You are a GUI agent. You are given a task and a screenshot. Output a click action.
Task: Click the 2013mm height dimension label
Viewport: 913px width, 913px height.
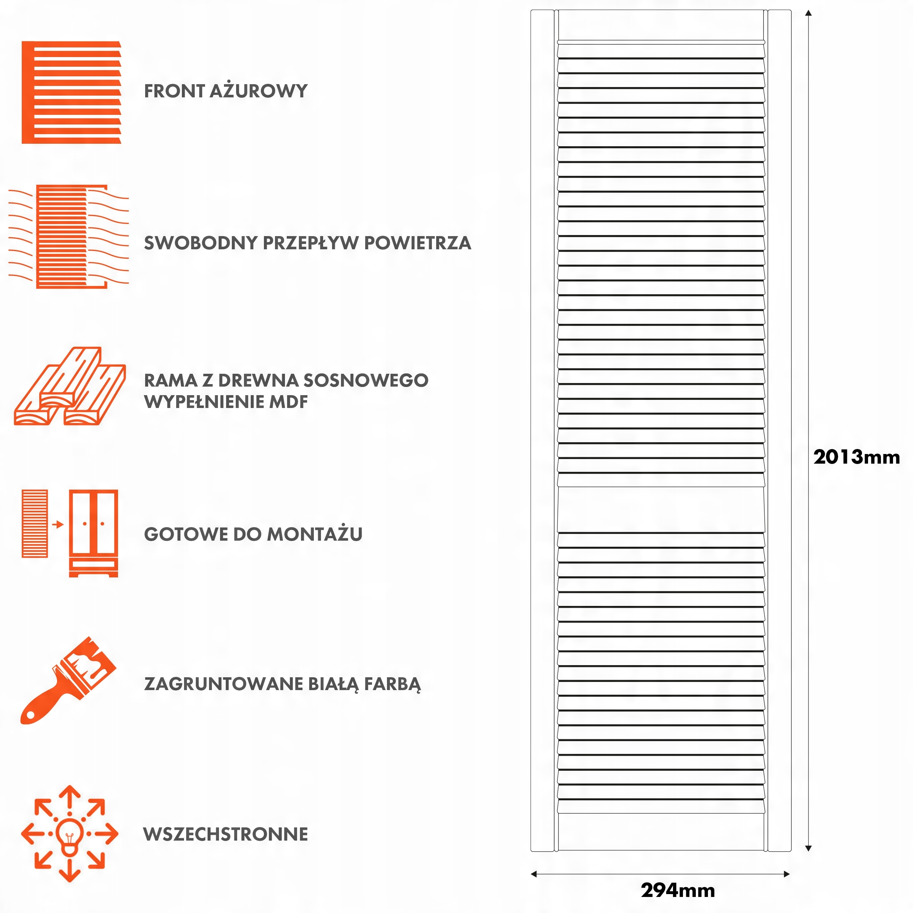pyautogui.click(x=856, y=457)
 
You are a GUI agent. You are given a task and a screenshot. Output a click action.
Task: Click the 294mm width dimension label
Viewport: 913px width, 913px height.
pyautogui.click(x=678, y=890)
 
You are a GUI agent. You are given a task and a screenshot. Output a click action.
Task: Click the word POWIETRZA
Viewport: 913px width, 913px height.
pyautogui.click(x=417, y=243)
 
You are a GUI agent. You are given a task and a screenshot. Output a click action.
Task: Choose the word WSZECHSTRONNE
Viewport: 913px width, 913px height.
pyautogui.click(x=225, y=834)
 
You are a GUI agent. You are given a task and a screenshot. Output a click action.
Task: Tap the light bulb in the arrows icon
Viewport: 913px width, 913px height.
pyautogui.click(x=70, y=835)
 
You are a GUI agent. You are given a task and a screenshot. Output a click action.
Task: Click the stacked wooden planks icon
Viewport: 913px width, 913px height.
pyautogui.click(x=70, y=387)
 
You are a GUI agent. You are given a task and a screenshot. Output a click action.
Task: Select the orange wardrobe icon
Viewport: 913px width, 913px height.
pyautogui.click(x=93, y=533)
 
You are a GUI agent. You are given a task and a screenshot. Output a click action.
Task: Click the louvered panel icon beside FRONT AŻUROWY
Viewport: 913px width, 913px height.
pyautogui.click(x=71, y=92)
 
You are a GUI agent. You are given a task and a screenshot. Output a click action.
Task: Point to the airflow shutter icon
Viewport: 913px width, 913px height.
pyautogui.click(x=68, y=236)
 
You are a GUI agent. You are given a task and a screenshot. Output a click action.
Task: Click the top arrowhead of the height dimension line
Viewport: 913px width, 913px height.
pyautogui.click(x=808, y=13)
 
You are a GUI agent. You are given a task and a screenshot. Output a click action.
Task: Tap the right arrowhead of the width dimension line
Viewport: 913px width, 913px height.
pyautogui.click(x=787, y=874)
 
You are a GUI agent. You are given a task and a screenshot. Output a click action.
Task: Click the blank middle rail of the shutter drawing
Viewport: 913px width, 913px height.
pyautogui.click(x=660, y=509)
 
